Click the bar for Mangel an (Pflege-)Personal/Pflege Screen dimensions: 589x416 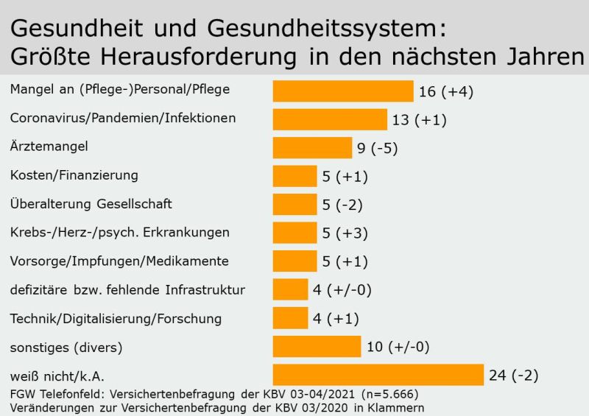pos(343,91)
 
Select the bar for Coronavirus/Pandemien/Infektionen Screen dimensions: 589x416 pos(330,119)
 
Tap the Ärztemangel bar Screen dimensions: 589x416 pos(312,148)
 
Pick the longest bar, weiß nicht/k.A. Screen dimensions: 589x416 pos(378,375)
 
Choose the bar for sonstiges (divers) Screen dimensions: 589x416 pos(317,347)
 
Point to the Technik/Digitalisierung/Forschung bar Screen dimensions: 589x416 pos(290,318)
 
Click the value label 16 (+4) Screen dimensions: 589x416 pos(446,92)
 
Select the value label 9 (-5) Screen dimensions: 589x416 pos(377,149)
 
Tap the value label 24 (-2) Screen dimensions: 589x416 pos(513,376)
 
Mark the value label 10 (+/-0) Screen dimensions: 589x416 pos(398,347)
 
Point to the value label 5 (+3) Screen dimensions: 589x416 pos(345,233)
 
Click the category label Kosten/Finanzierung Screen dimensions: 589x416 pos(74,175)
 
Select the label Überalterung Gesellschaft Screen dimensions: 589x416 pos(91,203)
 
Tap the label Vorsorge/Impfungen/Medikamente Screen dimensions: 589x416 pos(119,261)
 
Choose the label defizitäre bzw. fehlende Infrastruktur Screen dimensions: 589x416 pos(127,290)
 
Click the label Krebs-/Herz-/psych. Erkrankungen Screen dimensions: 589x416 pos(120,233)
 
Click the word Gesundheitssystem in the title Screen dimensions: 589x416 pos(327,29)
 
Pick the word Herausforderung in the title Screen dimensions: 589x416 pos(198,57)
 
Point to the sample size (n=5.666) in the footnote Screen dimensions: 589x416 pos(389,394)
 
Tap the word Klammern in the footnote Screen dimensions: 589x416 pos(395,408)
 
